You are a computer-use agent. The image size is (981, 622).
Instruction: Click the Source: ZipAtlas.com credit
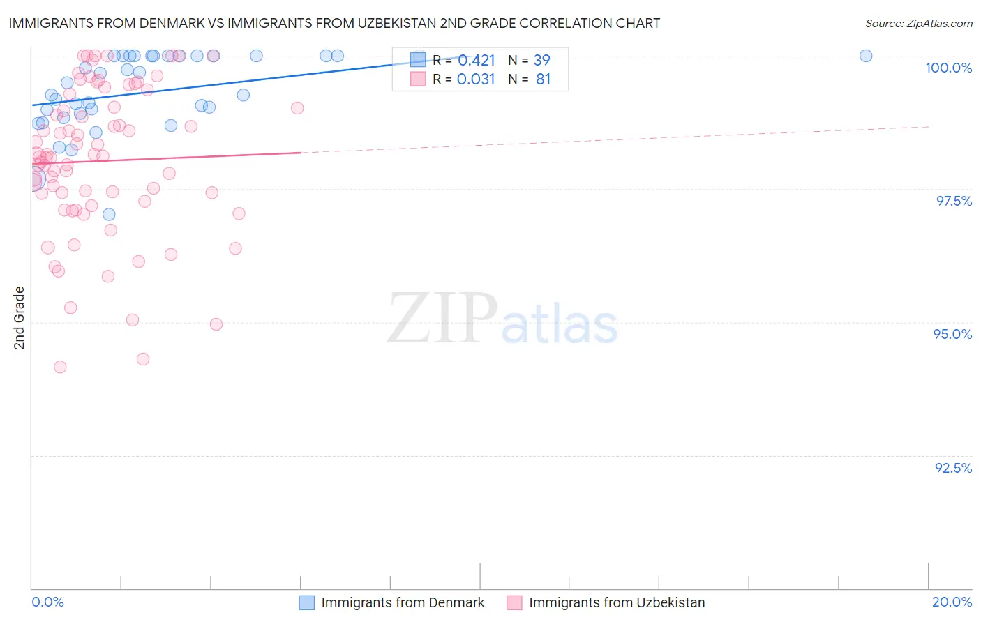(918, 23)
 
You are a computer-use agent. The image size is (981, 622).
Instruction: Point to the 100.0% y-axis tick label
(948, 68)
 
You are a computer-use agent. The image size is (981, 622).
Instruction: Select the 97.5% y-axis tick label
(954, 201)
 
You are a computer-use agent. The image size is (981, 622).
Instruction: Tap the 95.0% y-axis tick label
(952, 334)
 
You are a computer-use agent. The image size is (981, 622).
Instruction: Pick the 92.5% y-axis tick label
(953, 468)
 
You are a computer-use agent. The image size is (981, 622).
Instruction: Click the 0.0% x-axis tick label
(47, 602)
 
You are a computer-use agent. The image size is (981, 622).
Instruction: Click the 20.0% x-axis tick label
(952, 602)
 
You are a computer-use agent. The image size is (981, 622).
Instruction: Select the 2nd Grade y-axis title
(20, 318)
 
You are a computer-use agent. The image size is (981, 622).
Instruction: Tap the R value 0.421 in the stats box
(477, 61)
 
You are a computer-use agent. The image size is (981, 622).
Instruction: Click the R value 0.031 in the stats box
(477, 79)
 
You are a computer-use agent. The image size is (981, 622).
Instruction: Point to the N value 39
(542, 61)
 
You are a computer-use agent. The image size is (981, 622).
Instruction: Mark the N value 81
(543, 79)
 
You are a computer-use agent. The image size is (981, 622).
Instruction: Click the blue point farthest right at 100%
(866, 56)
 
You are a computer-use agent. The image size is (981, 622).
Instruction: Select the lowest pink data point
(60, 367)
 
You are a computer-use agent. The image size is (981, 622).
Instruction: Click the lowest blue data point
(109, 215)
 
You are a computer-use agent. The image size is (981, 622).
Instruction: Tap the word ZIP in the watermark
(442, 319)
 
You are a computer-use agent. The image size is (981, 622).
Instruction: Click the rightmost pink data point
(297, 108)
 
